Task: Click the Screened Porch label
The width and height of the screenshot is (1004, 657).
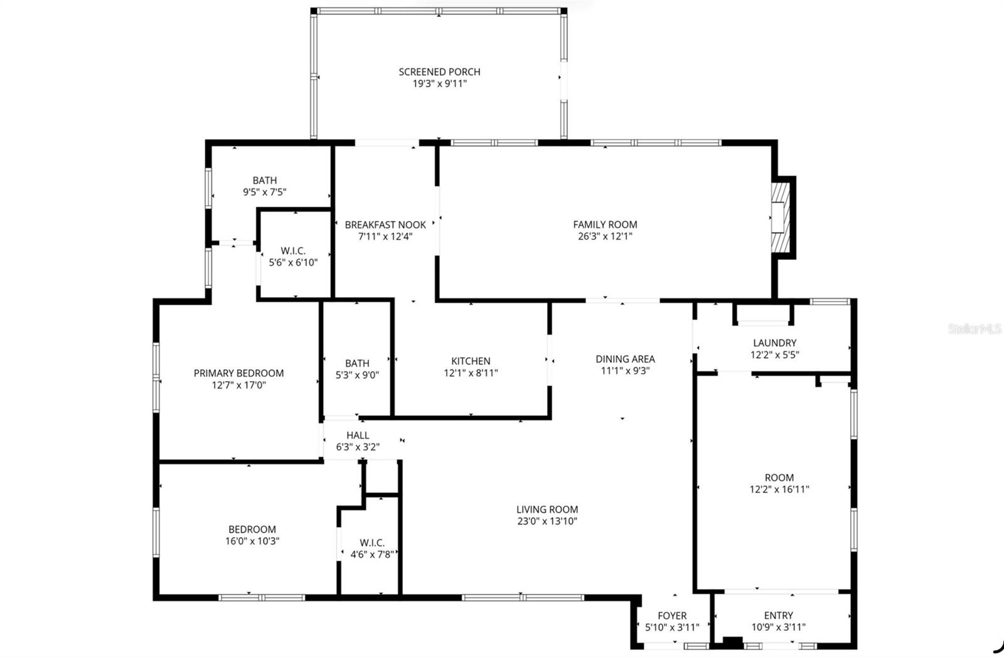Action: tap(439, 72)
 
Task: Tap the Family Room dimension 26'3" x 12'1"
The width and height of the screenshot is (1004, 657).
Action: tap(605, 237)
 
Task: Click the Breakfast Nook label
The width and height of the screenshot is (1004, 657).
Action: tap(385, 224)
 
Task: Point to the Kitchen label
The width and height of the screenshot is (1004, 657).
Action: tap(471, 361)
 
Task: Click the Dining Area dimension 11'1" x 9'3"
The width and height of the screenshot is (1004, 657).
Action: tap(625, 371)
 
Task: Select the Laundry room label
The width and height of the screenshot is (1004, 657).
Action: tap(774, 342)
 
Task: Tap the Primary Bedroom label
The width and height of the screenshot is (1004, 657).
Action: tap(238, 373)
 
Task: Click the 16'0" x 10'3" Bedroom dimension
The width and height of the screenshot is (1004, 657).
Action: tap(252, 541)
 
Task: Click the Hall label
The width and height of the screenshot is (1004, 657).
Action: tap(358, 435)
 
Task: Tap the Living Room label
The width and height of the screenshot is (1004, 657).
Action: tap(547, 509)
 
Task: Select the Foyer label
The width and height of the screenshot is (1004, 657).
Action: tap(671, 616)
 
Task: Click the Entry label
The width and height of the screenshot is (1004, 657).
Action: tap(778, 616)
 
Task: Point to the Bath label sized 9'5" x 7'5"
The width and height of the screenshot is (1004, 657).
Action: tap(264, 180)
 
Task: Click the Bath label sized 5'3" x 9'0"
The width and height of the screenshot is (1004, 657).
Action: tap(357, 363)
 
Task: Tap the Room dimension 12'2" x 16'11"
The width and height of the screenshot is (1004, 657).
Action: tap(779, 489)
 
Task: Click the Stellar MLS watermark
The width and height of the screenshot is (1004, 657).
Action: tap(975, 328)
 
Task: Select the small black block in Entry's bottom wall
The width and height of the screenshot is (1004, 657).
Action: tap(732, 643)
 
